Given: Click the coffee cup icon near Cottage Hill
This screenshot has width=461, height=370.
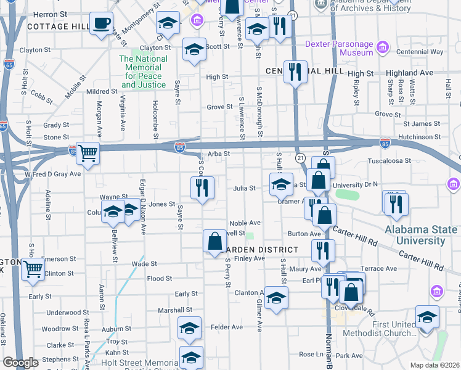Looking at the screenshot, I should (x=102, y=24).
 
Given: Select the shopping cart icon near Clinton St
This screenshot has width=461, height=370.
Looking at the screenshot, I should (x=33, y=268).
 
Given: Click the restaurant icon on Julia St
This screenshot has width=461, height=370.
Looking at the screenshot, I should (x=202, y=188).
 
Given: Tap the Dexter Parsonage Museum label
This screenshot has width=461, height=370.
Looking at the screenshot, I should (x=340, y=49).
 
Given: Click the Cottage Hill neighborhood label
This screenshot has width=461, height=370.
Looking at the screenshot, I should (x=59, y=27).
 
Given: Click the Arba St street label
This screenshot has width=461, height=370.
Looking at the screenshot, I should (x=219, y=154).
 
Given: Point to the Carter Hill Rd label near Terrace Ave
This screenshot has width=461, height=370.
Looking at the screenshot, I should (x=421, y=260).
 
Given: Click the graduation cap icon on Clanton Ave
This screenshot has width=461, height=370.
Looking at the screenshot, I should (x=277, y=298).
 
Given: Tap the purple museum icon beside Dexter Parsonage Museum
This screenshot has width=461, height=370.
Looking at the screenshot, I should (x=383, y=47).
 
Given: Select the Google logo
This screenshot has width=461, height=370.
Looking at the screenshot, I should (x=20, y=363).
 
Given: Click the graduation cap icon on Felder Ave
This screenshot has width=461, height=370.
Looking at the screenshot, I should (x=189, y=329).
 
